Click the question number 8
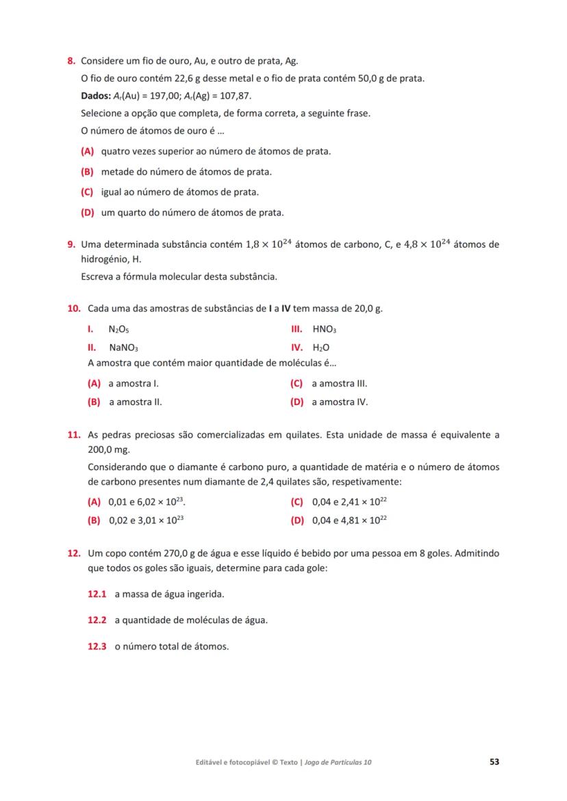[71, 62]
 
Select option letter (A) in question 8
[87, 150]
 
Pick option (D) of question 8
[87, 213]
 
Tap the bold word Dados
[94, 96]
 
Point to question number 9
[71, 244]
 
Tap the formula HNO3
[324, 329]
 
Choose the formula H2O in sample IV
[321, 347]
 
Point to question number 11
[73, 434]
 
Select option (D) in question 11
[297, 520]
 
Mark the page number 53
[494, 761]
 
